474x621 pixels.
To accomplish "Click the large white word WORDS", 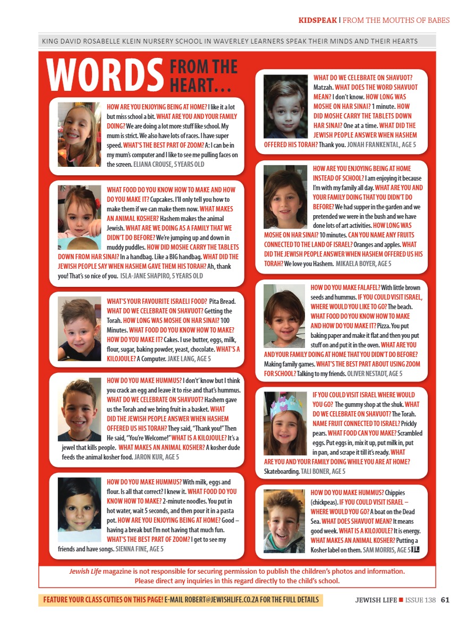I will coord(104,74).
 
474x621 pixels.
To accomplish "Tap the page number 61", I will coord(445,600).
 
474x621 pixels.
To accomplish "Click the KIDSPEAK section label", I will coord(317,21).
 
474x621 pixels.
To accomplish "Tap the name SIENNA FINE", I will coord(132,549).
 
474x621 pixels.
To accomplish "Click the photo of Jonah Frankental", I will coord(285,106).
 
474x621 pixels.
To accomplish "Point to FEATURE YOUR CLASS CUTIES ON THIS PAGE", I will coord(103,600).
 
